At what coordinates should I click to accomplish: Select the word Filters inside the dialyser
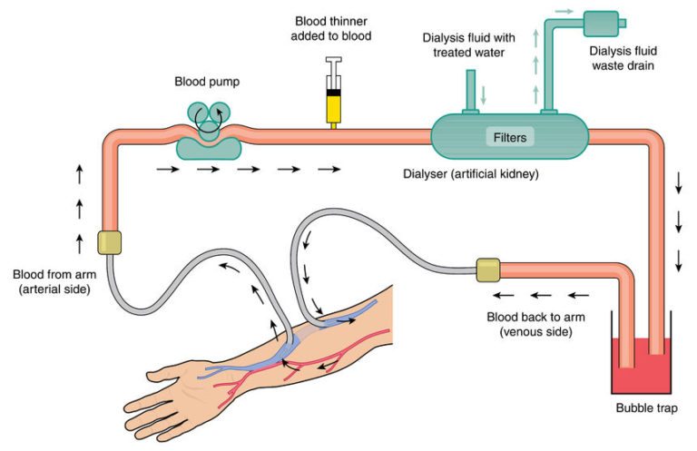509,138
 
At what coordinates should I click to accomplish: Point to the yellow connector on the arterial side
109,241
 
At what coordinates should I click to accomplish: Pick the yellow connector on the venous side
488,270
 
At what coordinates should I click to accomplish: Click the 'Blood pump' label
208,82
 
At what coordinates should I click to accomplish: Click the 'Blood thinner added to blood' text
334,28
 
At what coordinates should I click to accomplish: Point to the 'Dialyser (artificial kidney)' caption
472,172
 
